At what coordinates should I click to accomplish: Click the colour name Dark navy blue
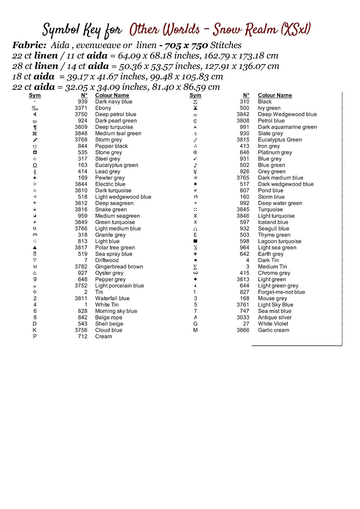[113, 101]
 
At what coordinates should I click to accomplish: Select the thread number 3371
[81, 108]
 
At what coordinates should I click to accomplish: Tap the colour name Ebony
[103, 108]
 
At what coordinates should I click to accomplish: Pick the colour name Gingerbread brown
[119, 267]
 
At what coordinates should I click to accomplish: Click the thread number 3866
[243, 330]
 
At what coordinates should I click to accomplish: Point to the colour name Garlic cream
[273, 330]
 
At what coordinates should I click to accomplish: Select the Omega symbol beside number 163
[35, 165]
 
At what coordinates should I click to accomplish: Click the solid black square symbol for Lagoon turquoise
[195, 241]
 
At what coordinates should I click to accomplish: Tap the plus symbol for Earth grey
[195, 254]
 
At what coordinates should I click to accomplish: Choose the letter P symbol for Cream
[35, 337]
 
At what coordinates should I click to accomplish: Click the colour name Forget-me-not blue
[281, 292]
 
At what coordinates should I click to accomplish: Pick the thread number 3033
[243, 317]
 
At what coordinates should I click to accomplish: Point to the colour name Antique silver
[274, 318]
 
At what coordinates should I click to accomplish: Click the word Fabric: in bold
[29, 45]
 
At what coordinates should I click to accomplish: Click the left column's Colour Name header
[112, 95]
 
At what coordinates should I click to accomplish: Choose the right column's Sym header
[195, 95]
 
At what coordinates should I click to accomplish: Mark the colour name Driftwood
[107, 260]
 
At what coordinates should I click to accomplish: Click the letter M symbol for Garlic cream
[195, 330]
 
